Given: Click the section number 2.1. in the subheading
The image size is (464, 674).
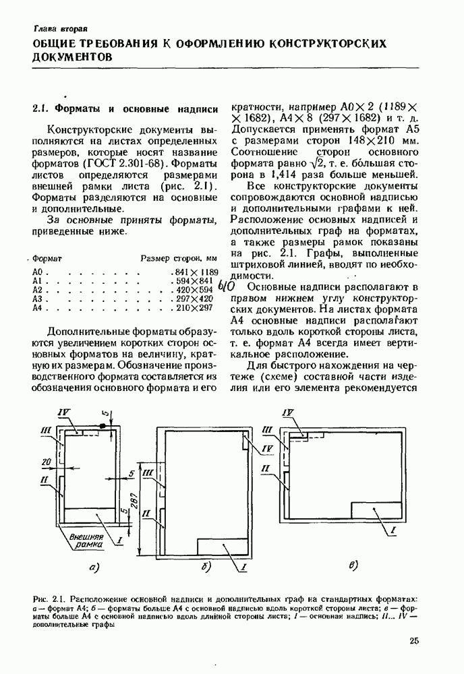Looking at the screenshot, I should pyautogui.click(x=42, y=108).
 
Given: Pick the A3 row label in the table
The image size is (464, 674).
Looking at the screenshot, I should pyautogui.click(x=38, y=298).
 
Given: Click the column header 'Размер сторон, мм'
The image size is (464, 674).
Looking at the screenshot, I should pyautogui.click(x=179, y=257).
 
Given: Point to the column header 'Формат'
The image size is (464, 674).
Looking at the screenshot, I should pyautogui.click(x=47, y=257).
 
